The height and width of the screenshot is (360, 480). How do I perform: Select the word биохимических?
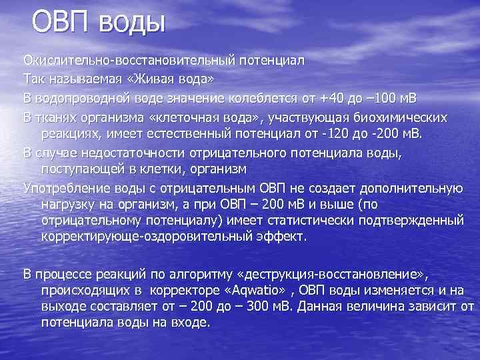pos(400,117)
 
